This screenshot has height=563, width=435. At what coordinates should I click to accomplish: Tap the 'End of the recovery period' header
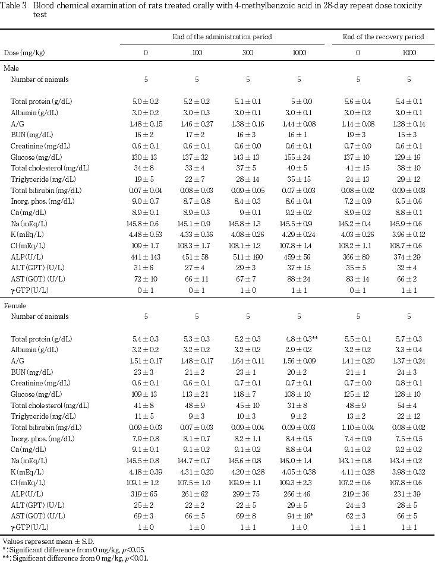383,37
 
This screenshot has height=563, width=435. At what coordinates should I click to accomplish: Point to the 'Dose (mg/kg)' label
24,53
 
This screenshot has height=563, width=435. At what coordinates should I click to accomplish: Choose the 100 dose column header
197,53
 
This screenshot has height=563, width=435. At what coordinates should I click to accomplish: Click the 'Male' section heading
11,68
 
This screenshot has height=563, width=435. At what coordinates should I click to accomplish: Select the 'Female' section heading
14,306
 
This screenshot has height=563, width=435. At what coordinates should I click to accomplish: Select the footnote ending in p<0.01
74,558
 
